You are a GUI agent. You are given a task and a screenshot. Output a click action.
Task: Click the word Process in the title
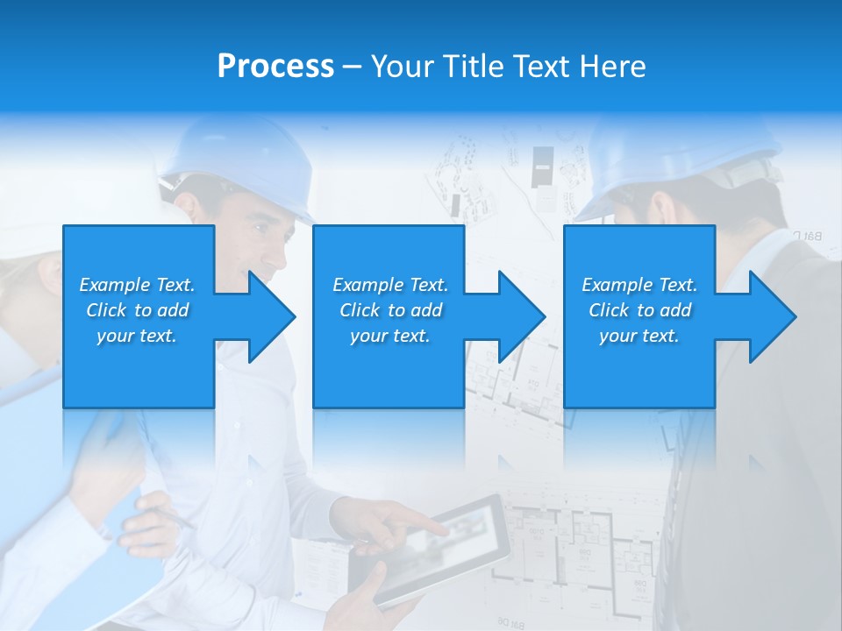pyautogui.click(x=275, y=66)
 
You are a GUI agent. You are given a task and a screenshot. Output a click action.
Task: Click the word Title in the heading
pyautogui.click(x=469, y=66)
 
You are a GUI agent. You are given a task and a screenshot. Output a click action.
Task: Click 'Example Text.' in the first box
pyautogui.click(x=137, y=285)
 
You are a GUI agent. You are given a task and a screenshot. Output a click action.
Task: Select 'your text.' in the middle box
pyautogui.click(x=389, y=336)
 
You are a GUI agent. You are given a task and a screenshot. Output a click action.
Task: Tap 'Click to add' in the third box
pyautogui.click(x=639, y=310)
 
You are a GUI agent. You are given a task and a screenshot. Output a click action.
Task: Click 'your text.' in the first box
pyautogui.click(x=137, y=336)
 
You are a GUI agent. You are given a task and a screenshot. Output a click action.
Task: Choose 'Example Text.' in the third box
pyautogui.click(x=639, y=285)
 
